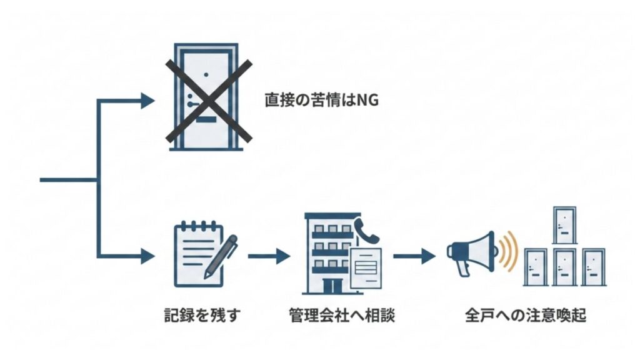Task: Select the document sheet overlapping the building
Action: click(x=366, y=267)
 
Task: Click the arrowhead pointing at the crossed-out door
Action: click(x=147, y=99)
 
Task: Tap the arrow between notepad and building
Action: click(x=269, y=256)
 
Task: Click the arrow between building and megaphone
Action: click(x=414, y=256)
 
